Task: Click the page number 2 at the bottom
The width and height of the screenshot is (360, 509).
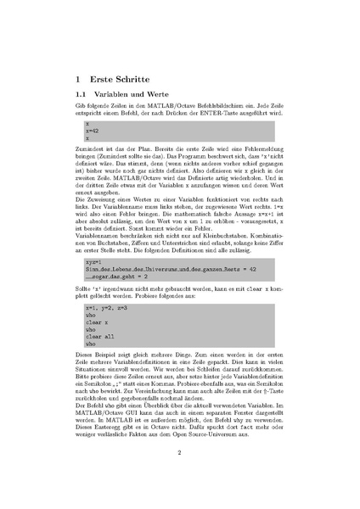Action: pos(180,452)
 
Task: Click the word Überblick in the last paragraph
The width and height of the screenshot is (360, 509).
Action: pos(159,406)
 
